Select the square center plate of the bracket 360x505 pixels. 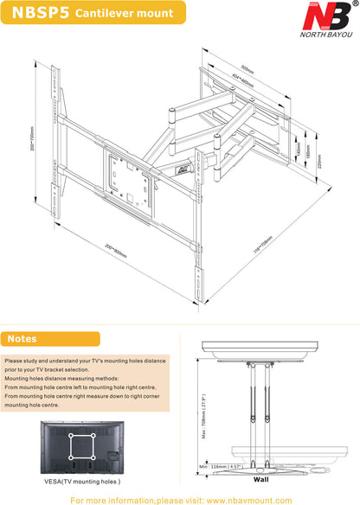[x=130, y=177]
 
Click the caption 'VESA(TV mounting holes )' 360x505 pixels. [x=82, y=482]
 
